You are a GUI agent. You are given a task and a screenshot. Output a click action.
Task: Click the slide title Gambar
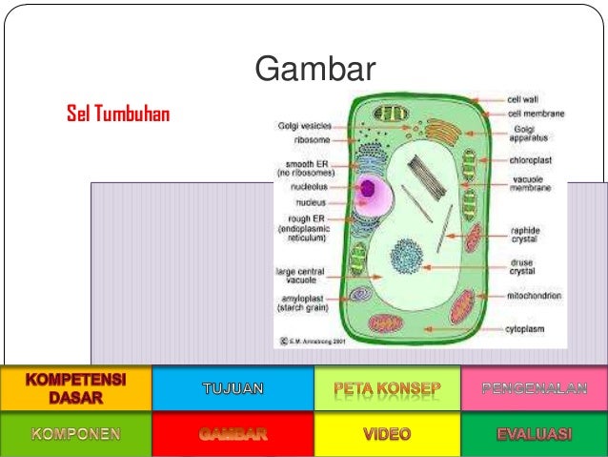[315, 70]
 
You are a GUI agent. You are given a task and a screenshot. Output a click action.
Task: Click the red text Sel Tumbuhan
[117, 115]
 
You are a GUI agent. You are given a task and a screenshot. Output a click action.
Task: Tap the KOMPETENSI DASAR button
[75, 387]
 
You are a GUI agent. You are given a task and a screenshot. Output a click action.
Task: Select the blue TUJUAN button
[233, 388]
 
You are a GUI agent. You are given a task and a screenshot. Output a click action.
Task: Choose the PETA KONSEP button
[387, 388]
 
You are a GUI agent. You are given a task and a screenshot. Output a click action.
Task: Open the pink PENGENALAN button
[534, 388]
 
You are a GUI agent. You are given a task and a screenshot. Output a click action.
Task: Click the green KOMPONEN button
[75, 434]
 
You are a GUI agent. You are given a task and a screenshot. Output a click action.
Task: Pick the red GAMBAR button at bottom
[233, 434]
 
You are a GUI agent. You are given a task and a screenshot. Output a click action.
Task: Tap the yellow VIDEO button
[387, 434]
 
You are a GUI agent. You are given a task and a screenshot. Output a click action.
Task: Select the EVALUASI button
[534, 434]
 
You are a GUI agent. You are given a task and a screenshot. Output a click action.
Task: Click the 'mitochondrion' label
[534, 296]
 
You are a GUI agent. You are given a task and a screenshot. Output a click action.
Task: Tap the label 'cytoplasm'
[525, 329]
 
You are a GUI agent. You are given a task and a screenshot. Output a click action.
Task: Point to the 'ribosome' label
[312, 138]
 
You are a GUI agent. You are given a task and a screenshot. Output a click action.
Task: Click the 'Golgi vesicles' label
[304, 125]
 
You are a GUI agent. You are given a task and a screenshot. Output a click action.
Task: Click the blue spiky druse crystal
[407, 258]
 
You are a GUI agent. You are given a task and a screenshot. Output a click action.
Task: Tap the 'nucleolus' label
[312, 187]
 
